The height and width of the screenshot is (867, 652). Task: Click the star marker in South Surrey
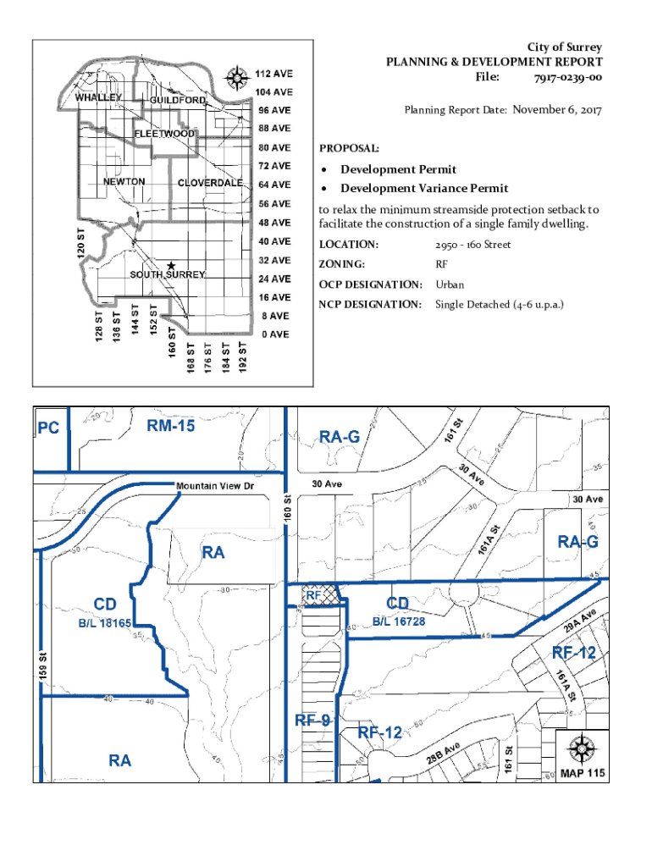pyautogui.click(x=171, y=265)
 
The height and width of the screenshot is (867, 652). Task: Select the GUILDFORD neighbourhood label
pyautogui.click(x=178, y=101)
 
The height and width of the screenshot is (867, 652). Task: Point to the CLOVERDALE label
pyautogui.click(x=211, y=183)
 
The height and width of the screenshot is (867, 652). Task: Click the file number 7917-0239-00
pyautogui.click(x=567, y=77)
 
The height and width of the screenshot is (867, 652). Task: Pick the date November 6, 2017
pyautogui.click(x=556, y=109)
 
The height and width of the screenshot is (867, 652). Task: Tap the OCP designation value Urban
pyautogui.click(x=450, y=284)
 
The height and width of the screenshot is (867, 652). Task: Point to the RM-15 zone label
pyautogui.click(x=171, y=426)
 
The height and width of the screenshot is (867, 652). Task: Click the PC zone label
pyautogui.click(x=48, y=428)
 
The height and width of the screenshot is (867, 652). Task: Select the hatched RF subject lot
pyautogui.click(x=323, y=596)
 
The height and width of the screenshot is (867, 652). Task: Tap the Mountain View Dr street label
pyautogui.click(x=215, y=486)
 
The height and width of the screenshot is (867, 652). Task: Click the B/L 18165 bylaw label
pyautogui.click(x=105, y=622)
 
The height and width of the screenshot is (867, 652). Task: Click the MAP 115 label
pyautogui.click(x=583, y=774)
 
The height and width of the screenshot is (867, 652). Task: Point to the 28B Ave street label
pyautogui.click(x=444, y=754)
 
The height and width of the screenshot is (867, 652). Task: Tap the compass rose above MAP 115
pyautogui.click(x=583, y=748)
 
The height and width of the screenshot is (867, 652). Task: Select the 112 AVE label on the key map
pyautogui.click(x=275, y=73)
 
